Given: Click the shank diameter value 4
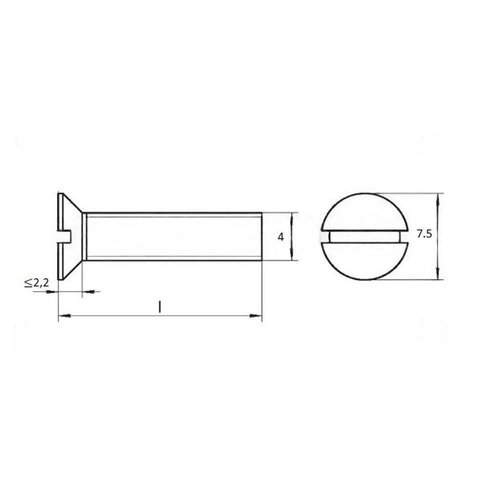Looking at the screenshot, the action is pos(281,237).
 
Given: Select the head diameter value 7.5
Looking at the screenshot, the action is pos(424,234).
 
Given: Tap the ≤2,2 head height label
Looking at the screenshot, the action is pos(37,282).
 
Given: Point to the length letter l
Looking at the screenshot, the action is pos(160,307).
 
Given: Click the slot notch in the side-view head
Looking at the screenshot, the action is pos(65,237).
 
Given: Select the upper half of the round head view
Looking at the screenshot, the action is pos(365,212).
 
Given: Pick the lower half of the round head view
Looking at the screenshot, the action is pos(365,261).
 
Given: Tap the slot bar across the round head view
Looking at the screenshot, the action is pos(365,237).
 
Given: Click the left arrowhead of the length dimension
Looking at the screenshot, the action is pos(64,316).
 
